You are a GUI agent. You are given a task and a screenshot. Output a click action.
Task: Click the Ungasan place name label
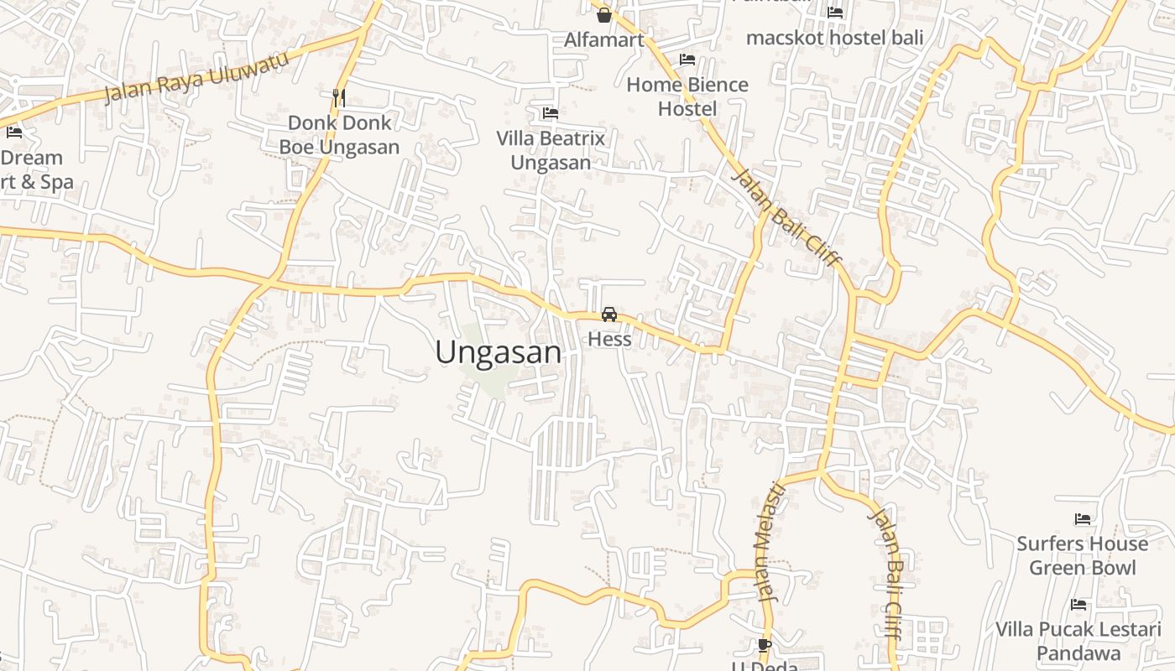(498, 352)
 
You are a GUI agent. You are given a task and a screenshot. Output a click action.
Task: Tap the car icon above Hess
(609, 315)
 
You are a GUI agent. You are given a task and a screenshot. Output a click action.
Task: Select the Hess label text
(609, 339)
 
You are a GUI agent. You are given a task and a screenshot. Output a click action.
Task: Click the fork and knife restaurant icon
(339, 97)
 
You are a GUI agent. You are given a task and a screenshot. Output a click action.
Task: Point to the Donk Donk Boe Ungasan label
(339, 135)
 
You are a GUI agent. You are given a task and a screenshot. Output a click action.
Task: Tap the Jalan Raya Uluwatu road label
(196, 75)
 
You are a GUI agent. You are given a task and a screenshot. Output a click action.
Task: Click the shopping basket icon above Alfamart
(603, 14)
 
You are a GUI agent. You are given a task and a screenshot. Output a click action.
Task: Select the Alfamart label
(604, 39)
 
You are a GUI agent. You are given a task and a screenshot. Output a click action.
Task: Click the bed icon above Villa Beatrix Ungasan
(551, 113)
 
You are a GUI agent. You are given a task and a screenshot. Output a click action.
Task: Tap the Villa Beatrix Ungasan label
(551, 150)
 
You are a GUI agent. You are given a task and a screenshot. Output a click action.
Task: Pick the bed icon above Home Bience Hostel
(687, 60)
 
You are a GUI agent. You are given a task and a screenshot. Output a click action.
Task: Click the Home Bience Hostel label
(687, 96)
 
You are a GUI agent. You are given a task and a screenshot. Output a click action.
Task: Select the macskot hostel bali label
(834, 38)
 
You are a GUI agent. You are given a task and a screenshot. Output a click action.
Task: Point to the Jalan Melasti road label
(770, 542)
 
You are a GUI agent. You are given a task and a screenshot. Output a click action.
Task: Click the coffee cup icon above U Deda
(764, 644)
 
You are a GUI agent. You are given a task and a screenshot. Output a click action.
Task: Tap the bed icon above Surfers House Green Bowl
(1083, 519)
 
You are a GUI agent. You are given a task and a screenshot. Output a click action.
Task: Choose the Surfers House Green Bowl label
(1083, 555)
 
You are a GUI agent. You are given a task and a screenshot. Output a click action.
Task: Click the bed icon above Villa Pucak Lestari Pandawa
(1078, 605)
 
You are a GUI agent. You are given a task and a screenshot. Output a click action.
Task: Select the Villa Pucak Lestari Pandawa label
(1078, 641)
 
